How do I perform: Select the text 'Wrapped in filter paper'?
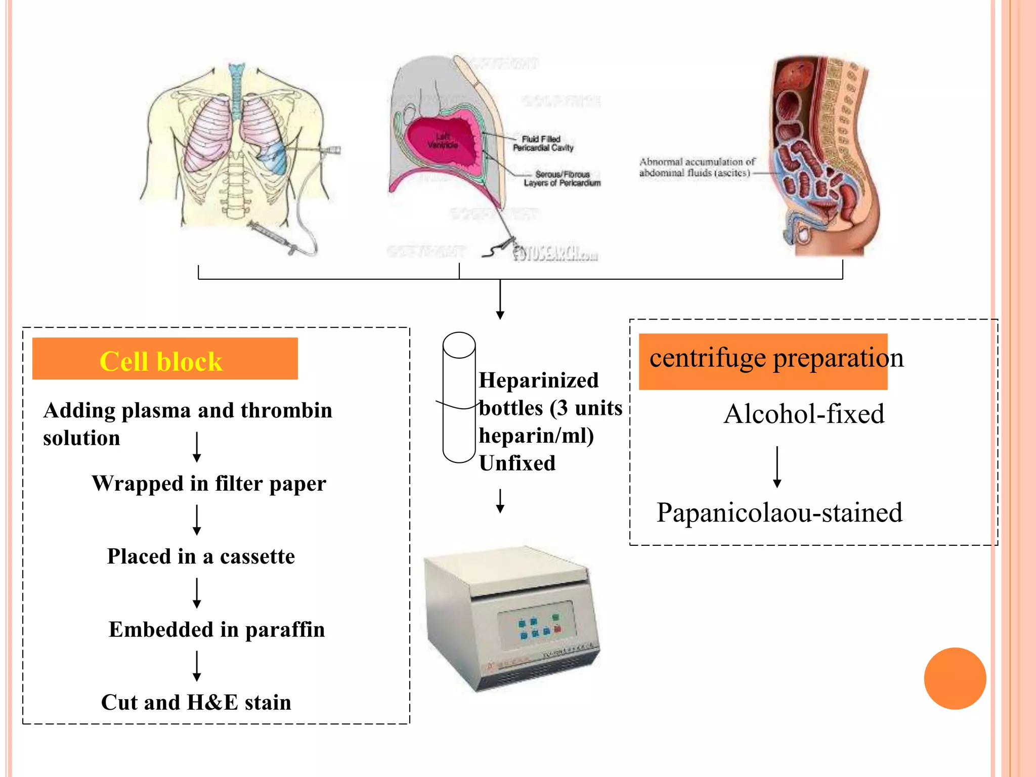tap(208, 484)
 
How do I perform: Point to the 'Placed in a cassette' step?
tap(201, 557)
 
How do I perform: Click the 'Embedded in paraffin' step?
tap(217, 630)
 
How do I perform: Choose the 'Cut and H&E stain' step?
tap(196, 703)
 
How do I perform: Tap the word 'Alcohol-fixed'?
tap(804, 414)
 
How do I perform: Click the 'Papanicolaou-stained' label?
tap(779, 513)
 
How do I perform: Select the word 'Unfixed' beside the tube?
tap(517, 463)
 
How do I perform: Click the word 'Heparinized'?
tap(538, 380)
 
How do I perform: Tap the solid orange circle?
tap(955, 678)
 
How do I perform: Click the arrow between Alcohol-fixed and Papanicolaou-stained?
tap(777, 466)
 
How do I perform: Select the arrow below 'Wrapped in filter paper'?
tap(197, 520)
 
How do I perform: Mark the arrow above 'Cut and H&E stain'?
tap(197, 666)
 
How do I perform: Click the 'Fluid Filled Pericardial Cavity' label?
tap(543, 143)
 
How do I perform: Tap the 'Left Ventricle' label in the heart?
tap(443, 141)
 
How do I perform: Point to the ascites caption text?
tap(697, 167)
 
